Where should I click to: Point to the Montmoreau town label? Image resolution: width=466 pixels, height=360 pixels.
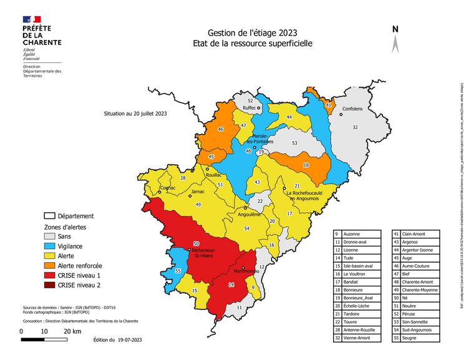coord(246,271)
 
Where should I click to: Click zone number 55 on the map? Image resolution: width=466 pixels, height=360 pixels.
coord(178,271)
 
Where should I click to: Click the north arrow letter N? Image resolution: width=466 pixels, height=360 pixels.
coord(396,29)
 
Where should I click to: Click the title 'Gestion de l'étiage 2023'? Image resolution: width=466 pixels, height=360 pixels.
coord(253,33)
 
